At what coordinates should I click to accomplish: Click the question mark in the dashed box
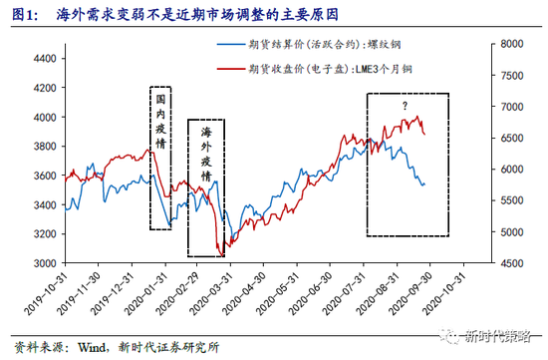(406, 106)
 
